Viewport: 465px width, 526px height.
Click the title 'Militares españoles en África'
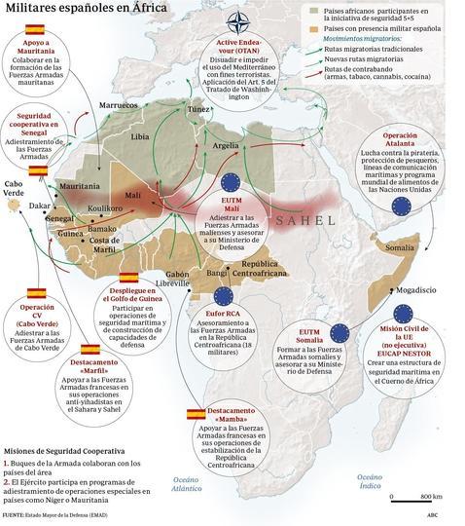pyautogui.click(x=85, y=9)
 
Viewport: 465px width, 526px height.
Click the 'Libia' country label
pyautogui.click(x=140, y=126)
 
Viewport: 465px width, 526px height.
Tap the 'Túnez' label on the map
pyautogui.click(x=199, y=110)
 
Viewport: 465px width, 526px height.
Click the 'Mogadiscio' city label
pyautogui.click(x=398, y=289)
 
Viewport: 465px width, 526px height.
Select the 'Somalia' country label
pyautogui.click(x=404, y=247)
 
